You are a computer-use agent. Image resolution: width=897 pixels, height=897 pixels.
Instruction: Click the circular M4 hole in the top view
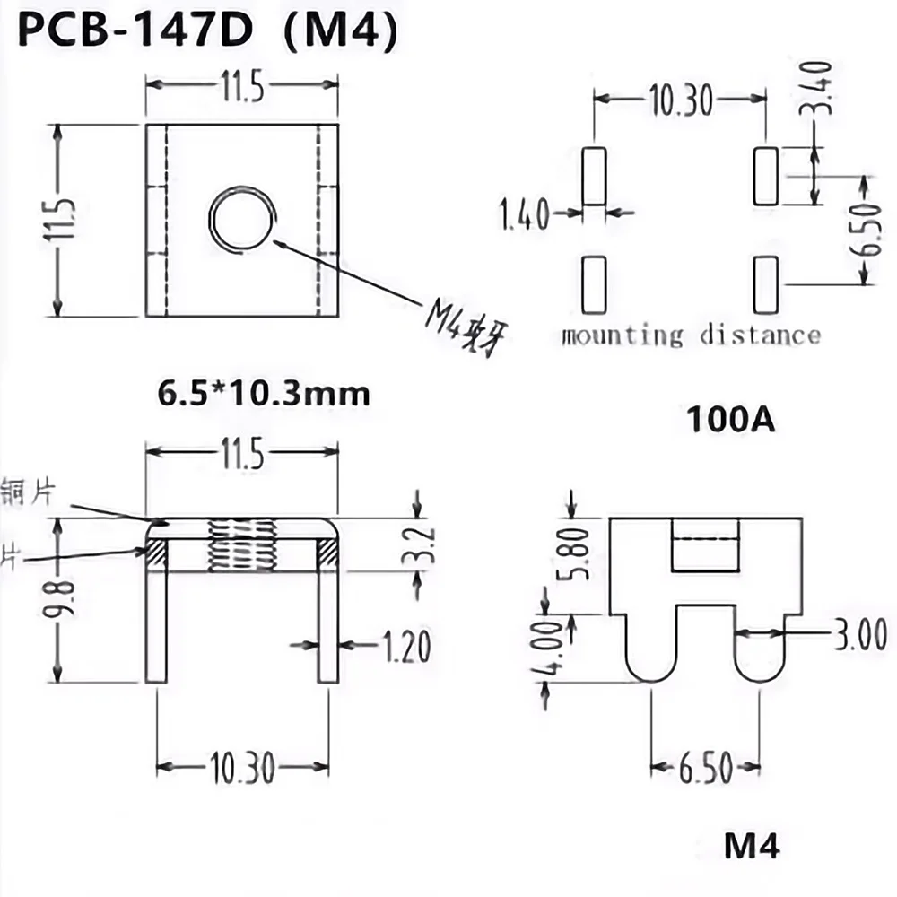tap(241, 218)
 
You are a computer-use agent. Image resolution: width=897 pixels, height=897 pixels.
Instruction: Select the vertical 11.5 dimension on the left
tap(62, 221)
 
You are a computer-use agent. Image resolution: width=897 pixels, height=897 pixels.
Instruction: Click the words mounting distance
tap(691, 336)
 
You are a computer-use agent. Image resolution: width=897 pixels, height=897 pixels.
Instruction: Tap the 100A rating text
tap(730, 419)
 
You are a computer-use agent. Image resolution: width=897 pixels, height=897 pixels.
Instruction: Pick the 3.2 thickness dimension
tap(421, 545)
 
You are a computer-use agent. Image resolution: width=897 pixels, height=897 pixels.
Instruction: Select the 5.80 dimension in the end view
tap(573, 553)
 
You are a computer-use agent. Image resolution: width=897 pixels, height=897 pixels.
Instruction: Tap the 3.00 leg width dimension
tap(862, 633)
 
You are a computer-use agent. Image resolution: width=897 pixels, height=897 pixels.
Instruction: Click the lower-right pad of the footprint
tap(765, 284)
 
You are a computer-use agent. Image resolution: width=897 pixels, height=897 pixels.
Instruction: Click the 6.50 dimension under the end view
tap(705, 769)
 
